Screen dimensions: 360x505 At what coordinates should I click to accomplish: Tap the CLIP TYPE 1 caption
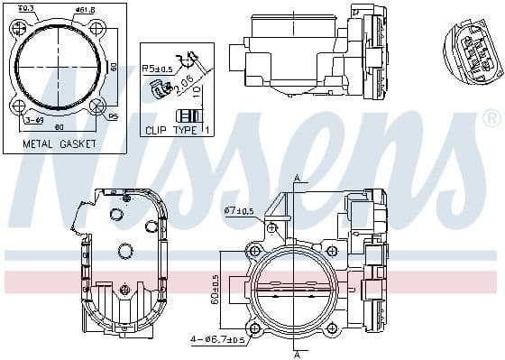[x=178, y=130]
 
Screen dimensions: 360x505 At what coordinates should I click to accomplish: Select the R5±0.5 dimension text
[x=157, y=69]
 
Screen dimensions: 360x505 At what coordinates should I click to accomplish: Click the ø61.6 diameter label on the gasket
[x=86, y=9]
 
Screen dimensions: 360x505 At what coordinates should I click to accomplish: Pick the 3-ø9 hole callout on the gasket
[x=34, y=119]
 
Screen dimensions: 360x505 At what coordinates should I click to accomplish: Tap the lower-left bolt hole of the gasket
[x=17, y=106]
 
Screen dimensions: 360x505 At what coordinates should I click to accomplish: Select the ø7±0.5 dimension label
[x=239, y=211]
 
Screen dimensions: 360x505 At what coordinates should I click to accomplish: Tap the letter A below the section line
[x=296, y=353]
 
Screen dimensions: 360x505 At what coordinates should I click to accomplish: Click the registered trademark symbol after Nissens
[x=491, y=118]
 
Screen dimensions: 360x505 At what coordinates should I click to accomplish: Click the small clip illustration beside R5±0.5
[x=162, y=88]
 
